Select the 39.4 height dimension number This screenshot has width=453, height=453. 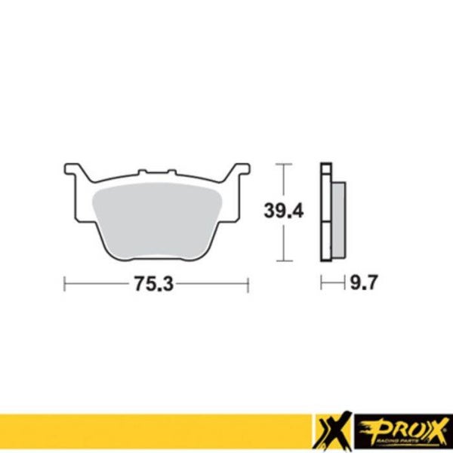click(284, 211)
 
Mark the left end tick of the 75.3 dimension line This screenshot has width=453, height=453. click(65, 285)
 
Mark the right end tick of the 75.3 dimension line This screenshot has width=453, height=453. click(248, 285)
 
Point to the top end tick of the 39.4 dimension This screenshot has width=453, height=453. click(282, 164)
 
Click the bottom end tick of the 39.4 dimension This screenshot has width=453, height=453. click(282, 260)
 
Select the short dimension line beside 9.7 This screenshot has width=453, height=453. click(331, 285)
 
